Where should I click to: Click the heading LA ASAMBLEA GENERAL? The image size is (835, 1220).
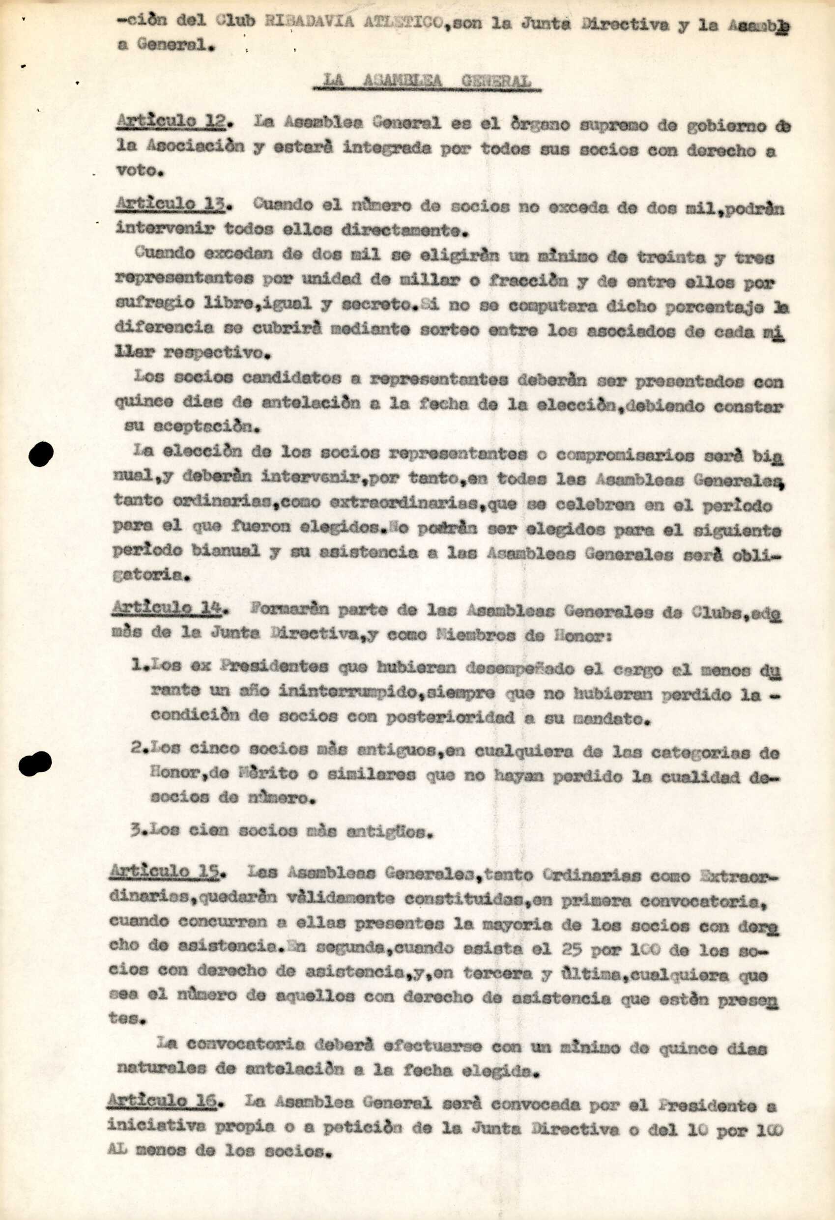(x=427, y=80)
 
